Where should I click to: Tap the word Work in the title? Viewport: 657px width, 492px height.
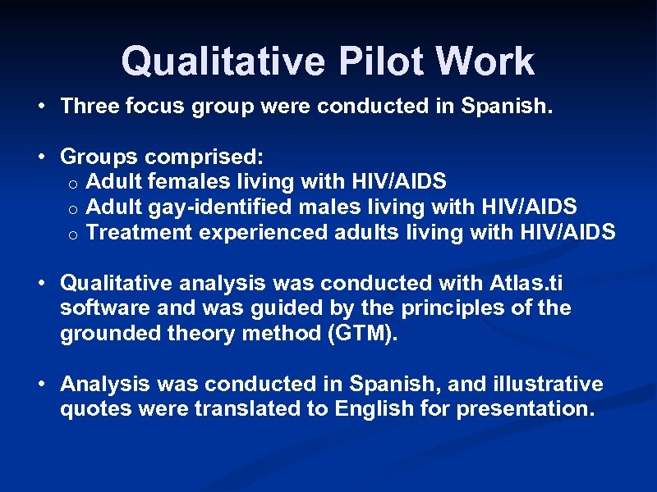486,61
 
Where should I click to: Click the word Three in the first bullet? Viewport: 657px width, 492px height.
90,106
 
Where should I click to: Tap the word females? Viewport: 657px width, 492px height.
177,181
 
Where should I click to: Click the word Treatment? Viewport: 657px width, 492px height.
140,232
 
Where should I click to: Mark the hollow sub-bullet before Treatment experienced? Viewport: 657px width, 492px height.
73,234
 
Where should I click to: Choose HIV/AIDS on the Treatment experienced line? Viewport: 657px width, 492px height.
567,232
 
